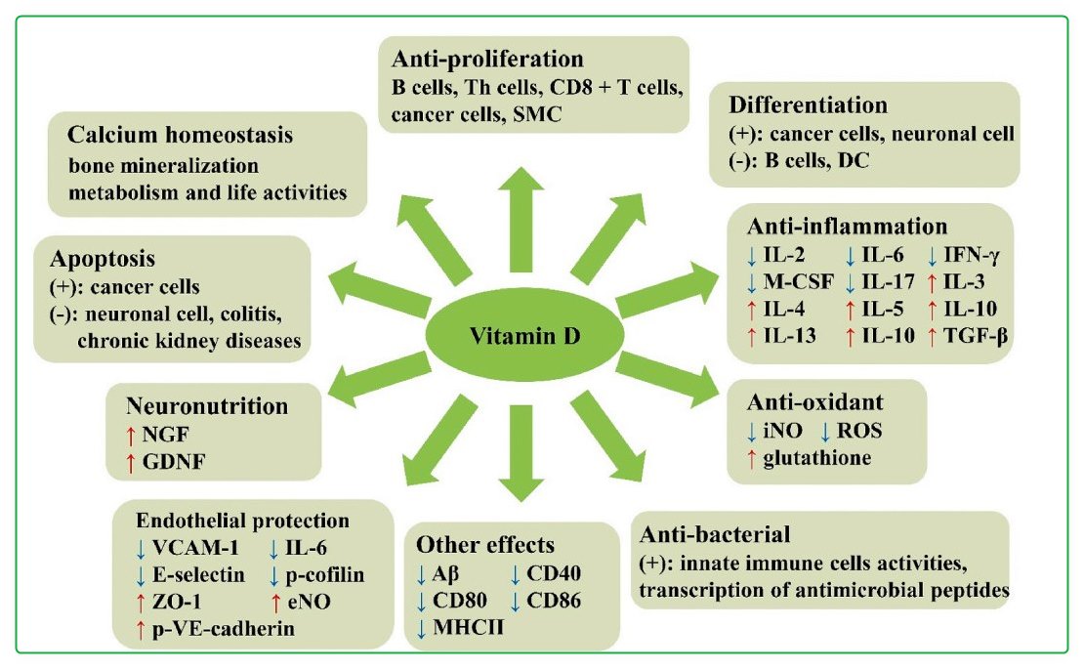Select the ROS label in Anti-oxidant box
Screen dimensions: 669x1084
(x=867, y=430)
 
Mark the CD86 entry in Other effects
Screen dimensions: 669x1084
(x=555, y=600)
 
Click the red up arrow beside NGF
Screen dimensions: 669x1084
(x=131, y=437)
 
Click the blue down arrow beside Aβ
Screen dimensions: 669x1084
(x=421, y=573)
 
